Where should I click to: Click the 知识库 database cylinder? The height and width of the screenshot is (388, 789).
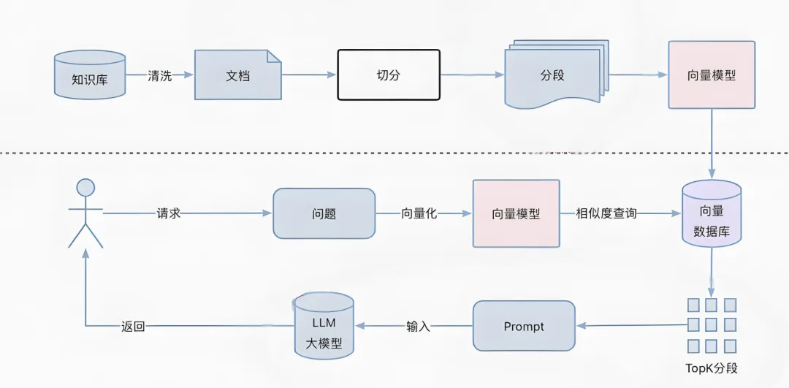point(90,75)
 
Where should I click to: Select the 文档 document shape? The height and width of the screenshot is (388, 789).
point(237,75)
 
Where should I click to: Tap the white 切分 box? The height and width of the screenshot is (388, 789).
point(388,75)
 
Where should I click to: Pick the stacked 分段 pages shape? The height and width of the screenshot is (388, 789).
point(552,76)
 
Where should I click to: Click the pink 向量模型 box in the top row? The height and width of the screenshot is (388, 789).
point(712,75)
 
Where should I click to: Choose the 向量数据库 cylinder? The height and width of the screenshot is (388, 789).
point(711,214)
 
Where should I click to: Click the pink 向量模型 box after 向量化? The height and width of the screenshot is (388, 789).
point(516,213)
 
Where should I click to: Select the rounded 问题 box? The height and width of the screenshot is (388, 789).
point(324,213)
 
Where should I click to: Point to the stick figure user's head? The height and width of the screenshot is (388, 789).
point(86,188)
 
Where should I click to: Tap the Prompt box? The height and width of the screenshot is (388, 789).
point(524,326)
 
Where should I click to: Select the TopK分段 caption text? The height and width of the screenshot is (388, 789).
point(711,368)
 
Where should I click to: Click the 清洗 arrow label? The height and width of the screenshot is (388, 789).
point(160,75)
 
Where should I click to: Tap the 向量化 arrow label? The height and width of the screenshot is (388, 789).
point(419,213)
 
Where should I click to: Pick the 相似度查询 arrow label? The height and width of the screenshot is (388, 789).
point(606,213)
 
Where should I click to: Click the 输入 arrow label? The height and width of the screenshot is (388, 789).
point(418,327)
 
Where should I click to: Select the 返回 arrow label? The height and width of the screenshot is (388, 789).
point(133,327)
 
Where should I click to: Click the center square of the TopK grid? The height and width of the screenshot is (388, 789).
point(711,325)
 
